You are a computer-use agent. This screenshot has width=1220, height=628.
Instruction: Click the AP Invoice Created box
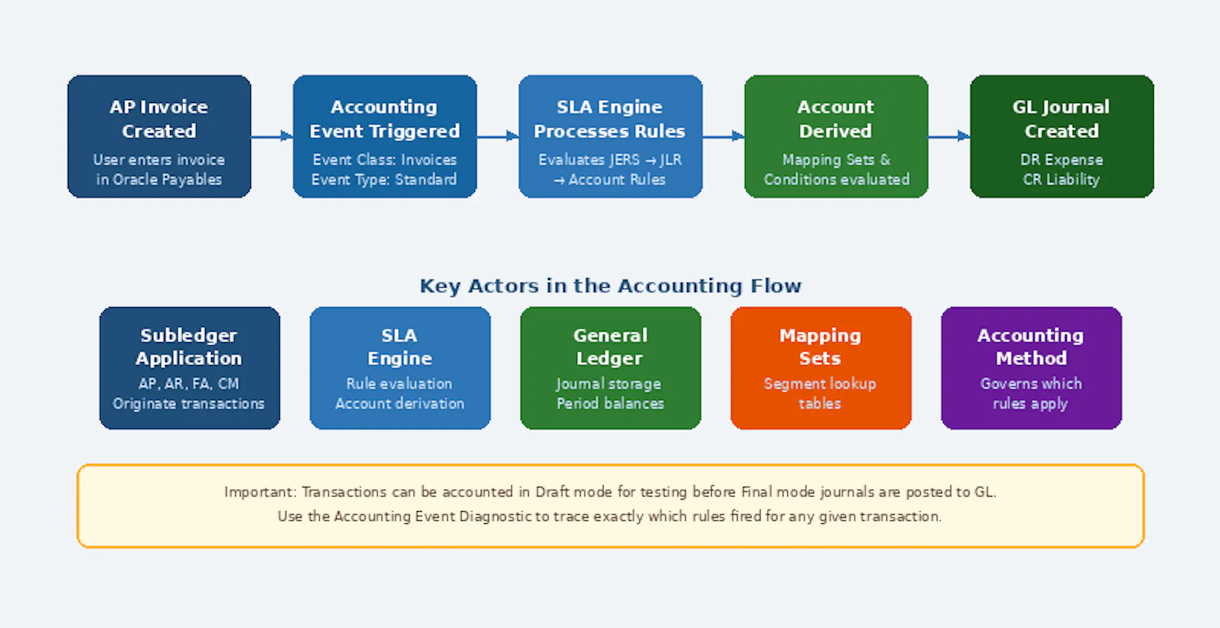click(x=159, y=136)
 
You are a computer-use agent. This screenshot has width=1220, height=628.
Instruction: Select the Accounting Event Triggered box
click(x=384, y=136)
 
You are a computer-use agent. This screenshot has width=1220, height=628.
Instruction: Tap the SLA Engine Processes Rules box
click(x=610, y=136)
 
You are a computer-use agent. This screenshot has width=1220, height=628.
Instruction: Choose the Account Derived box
click(x=836, y=136)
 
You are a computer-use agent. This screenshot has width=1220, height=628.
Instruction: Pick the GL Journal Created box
click(x=1061, y=136)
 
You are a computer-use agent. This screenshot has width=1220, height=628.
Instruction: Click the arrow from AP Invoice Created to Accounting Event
click(x=272, y=136)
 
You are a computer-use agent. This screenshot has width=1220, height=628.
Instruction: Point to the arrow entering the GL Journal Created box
click(x=949, y=136)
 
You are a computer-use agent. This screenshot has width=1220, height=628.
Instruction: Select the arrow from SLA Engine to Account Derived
click(x=723, y=136)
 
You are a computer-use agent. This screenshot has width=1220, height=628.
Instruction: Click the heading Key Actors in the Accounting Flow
click(x=610, y=286)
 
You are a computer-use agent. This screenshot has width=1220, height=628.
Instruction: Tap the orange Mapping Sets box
click(x=820, y=368)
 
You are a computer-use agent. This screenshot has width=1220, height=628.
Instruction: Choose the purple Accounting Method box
click(x=1031, y=368)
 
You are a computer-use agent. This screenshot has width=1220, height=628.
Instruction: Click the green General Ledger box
click(x=610, y=368)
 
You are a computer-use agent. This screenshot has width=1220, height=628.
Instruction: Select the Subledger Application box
click(x=189, y=368)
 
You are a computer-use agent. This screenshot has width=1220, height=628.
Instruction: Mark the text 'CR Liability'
click(x=1061, y=180)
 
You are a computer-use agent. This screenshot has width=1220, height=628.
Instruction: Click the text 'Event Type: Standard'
click(x=384, y=180)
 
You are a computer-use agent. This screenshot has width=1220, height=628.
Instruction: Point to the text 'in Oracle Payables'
click(x=159, y=180)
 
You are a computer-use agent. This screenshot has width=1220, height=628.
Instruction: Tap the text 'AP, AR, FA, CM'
click(x=189, y=384)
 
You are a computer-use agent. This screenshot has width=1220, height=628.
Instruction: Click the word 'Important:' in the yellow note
click(x=260, y=492)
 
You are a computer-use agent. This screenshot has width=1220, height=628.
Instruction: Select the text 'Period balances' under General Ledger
click(x=610, y=404)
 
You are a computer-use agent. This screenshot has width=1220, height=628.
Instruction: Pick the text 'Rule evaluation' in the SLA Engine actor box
click(x=399, y=384)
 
